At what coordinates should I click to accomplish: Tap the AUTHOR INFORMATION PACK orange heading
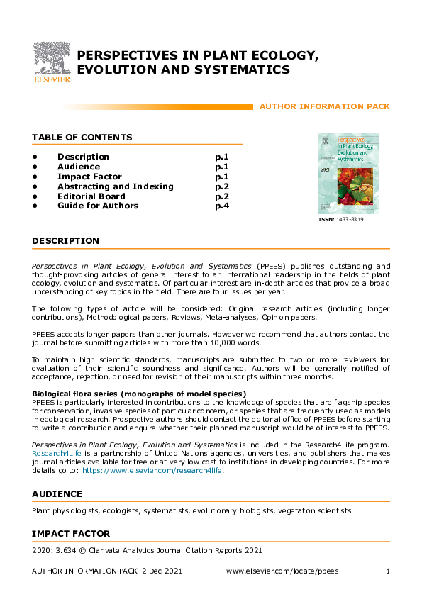324,106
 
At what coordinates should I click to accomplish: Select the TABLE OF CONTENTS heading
82,138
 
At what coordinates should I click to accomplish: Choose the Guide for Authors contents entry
98,206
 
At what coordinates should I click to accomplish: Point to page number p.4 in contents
221,206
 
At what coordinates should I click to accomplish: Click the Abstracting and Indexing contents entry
115,186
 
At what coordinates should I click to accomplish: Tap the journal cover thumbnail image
348,173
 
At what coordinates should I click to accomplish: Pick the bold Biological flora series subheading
138,393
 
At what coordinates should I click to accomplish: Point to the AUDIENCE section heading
57,493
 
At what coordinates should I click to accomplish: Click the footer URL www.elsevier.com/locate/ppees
282,571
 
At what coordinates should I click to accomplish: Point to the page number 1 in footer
387,571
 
